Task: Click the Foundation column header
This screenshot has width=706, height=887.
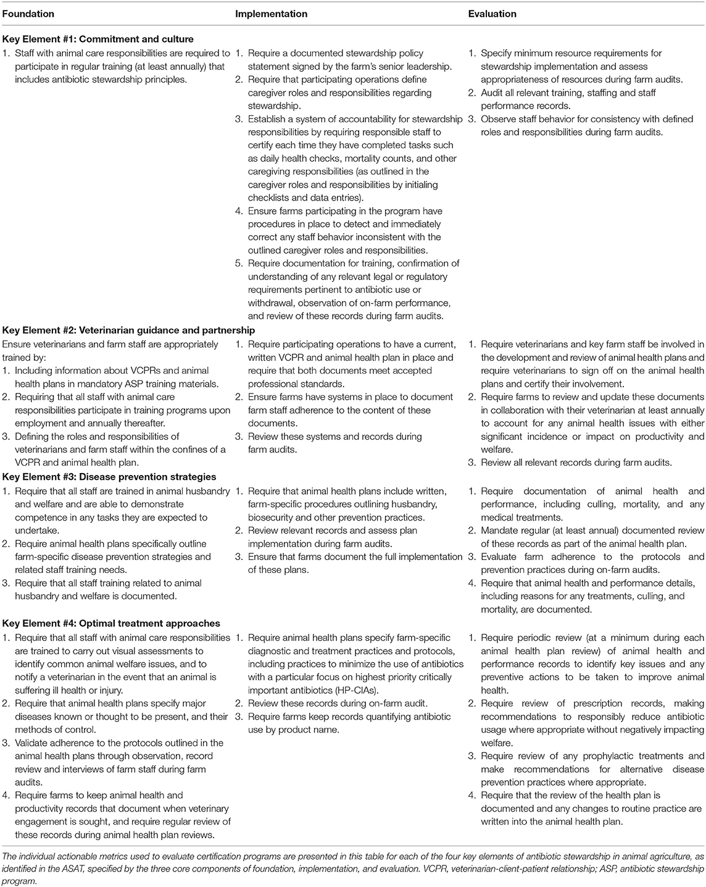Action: (x=28, y=14)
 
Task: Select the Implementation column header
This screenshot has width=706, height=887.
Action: (x=271, y=14)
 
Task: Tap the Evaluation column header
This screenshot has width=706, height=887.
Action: (x=492, y=14)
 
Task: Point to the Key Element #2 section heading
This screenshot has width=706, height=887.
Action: (x=128, y=331)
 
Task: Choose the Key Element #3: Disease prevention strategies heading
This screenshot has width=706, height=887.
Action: (x=109, y=477)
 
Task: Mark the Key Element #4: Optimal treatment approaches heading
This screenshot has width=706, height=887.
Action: (x=111, y=624)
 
